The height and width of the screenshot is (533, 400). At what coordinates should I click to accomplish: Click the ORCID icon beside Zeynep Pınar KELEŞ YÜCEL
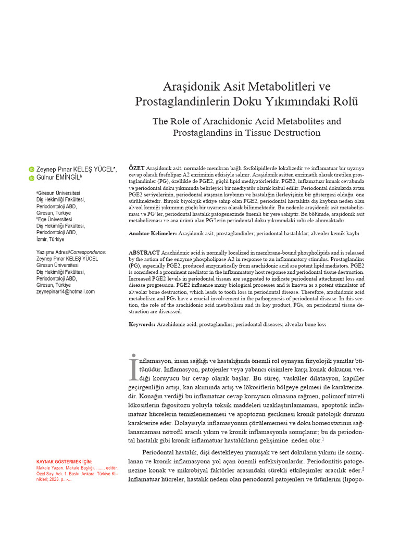coord(31,170)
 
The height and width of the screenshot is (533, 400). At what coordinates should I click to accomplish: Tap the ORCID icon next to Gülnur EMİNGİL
coord(31,179)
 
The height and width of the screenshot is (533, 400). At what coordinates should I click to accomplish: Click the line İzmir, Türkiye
coord(50,239)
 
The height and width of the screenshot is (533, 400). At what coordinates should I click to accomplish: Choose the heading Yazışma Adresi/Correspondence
coord(71,252)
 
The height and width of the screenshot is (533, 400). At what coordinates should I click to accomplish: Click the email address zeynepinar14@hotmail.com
coord(65,291)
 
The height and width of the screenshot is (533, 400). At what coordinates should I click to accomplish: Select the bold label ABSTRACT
coord(144,252)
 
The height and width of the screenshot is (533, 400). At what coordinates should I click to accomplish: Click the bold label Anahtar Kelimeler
coord(153,234)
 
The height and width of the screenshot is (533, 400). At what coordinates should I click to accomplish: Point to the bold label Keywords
coord(142,324)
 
